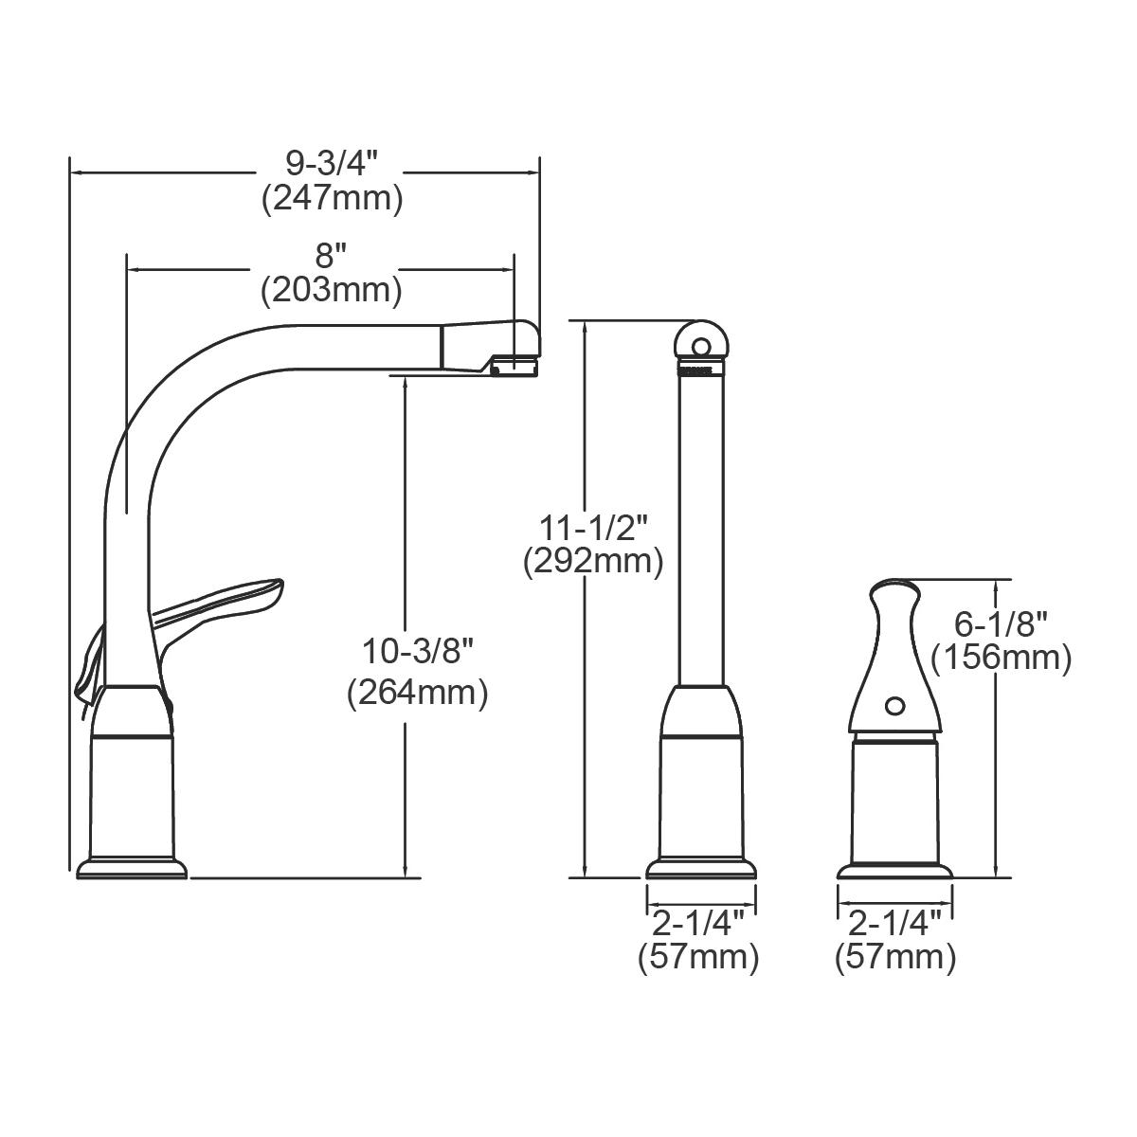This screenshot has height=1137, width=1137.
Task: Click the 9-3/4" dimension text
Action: point(332,164)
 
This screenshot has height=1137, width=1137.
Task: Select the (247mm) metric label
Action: point(332,198)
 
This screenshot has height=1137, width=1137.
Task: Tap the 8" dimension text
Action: point(331,256)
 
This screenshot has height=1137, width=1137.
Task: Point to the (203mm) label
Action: point(331,289)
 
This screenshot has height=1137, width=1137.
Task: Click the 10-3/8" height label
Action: point(417,652)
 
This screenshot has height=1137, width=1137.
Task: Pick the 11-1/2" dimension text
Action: point(593,525)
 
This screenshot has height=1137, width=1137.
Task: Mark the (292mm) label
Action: point(593,562)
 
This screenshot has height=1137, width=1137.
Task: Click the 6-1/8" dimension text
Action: point(1001,623)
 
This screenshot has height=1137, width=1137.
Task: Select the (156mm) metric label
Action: point(1001,657)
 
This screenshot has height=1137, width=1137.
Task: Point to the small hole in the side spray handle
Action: point(893,705)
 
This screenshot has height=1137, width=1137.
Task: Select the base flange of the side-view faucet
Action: point(132,868)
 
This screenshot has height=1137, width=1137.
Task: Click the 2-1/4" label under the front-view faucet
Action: point(700,923)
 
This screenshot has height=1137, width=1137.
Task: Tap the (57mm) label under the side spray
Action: point(894,957)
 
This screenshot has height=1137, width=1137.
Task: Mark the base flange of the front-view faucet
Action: point(701,870)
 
